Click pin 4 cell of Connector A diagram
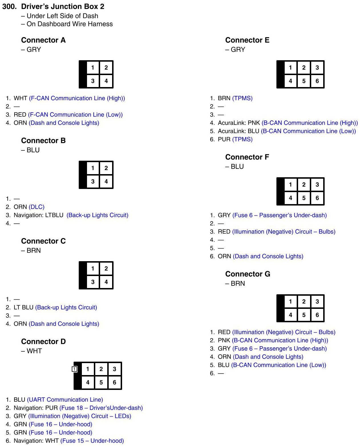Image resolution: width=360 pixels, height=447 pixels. pyautogui.click(x=106, y=81)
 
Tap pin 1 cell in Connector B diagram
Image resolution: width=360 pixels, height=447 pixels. pyautogui.click(x=93, y=168)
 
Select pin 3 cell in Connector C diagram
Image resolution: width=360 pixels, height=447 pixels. pyautogui.click(x=93, y=282)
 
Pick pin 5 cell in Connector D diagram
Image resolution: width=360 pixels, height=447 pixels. pyautogui.click(x=101, y=382)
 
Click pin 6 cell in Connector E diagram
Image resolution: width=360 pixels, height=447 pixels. pyautogui.click(x=317, y=81)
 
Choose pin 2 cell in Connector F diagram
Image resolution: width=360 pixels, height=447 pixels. pyautogui.click(x=304, y=185)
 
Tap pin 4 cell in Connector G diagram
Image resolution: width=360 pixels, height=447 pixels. pyautogui.click(x=290, y=315)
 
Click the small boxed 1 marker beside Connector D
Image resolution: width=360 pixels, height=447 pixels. pyautogui.click(x=74, y=369)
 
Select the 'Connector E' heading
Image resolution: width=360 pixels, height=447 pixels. pyautogui.click(x=247, y=40)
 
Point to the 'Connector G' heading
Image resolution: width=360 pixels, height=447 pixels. pyautogui.click(x=248, y=274)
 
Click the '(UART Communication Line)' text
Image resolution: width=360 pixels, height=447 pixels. pyautogui.click(x=65, y=400)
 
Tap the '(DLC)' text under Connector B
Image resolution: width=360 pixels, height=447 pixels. pyautogui.click(x=37, y=207)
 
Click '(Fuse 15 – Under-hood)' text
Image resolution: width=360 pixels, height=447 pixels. pyautogui.click(x=92, y=441)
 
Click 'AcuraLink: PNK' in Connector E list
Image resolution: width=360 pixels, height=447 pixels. pyautogui.click(x=239, y=123)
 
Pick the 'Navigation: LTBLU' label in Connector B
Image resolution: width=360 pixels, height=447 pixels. pyautogui.click(x=39, y=215)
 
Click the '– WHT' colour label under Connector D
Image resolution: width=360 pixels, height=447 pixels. pyautogui.click(x=31, y=351)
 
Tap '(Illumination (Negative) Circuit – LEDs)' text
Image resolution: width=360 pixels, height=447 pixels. pyautogui.click(x=80, y=416)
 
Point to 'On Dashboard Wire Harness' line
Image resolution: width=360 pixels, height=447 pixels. pyautogui.click(x=69, y=24)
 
